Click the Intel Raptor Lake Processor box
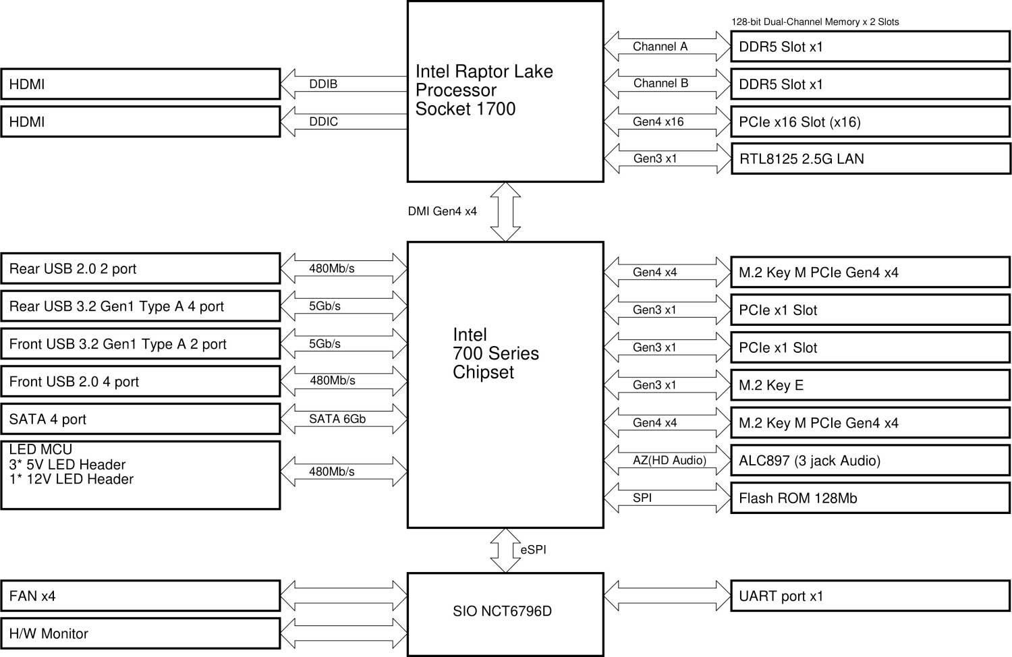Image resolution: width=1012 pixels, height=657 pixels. (x=505, y=91)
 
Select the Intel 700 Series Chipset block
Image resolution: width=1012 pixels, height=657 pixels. (x=505, y=384)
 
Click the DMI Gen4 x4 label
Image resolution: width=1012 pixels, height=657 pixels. (x=442, y=212)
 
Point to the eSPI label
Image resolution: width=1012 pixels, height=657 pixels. (x=533, y=550)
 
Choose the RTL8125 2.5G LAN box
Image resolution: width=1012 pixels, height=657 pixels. (x=870, y=159)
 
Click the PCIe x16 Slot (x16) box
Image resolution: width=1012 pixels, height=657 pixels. (x=870, y=122)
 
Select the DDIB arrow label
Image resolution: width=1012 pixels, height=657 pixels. (x=323, y=84)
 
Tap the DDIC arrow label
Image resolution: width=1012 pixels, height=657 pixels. (x=323, y=122)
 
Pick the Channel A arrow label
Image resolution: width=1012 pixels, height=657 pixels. (x=660, y=47)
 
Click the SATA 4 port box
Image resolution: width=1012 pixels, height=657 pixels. (x=140, y=420)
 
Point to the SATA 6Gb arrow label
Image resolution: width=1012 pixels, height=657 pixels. (x=337, y=420)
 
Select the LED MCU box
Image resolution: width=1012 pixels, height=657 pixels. (x=140, y=475)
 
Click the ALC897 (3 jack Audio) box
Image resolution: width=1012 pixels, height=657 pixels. (x=870, y=461)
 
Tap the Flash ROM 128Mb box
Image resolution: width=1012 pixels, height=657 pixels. (x=870, y=498)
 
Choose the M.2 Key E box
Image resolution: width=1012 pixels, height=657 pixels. (x=870, y=385)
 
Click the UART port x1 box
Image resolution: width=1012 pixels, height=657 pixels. (x=870, y=596)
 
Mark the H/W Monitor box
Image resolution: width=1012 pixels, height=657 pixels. (x=140, y=634)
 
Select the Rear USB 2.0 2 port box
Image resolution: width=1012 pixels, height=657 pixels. (x=140, y=269)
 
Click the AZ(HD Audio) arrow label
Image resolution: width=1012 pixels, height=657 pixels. (x=669, y=461)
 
